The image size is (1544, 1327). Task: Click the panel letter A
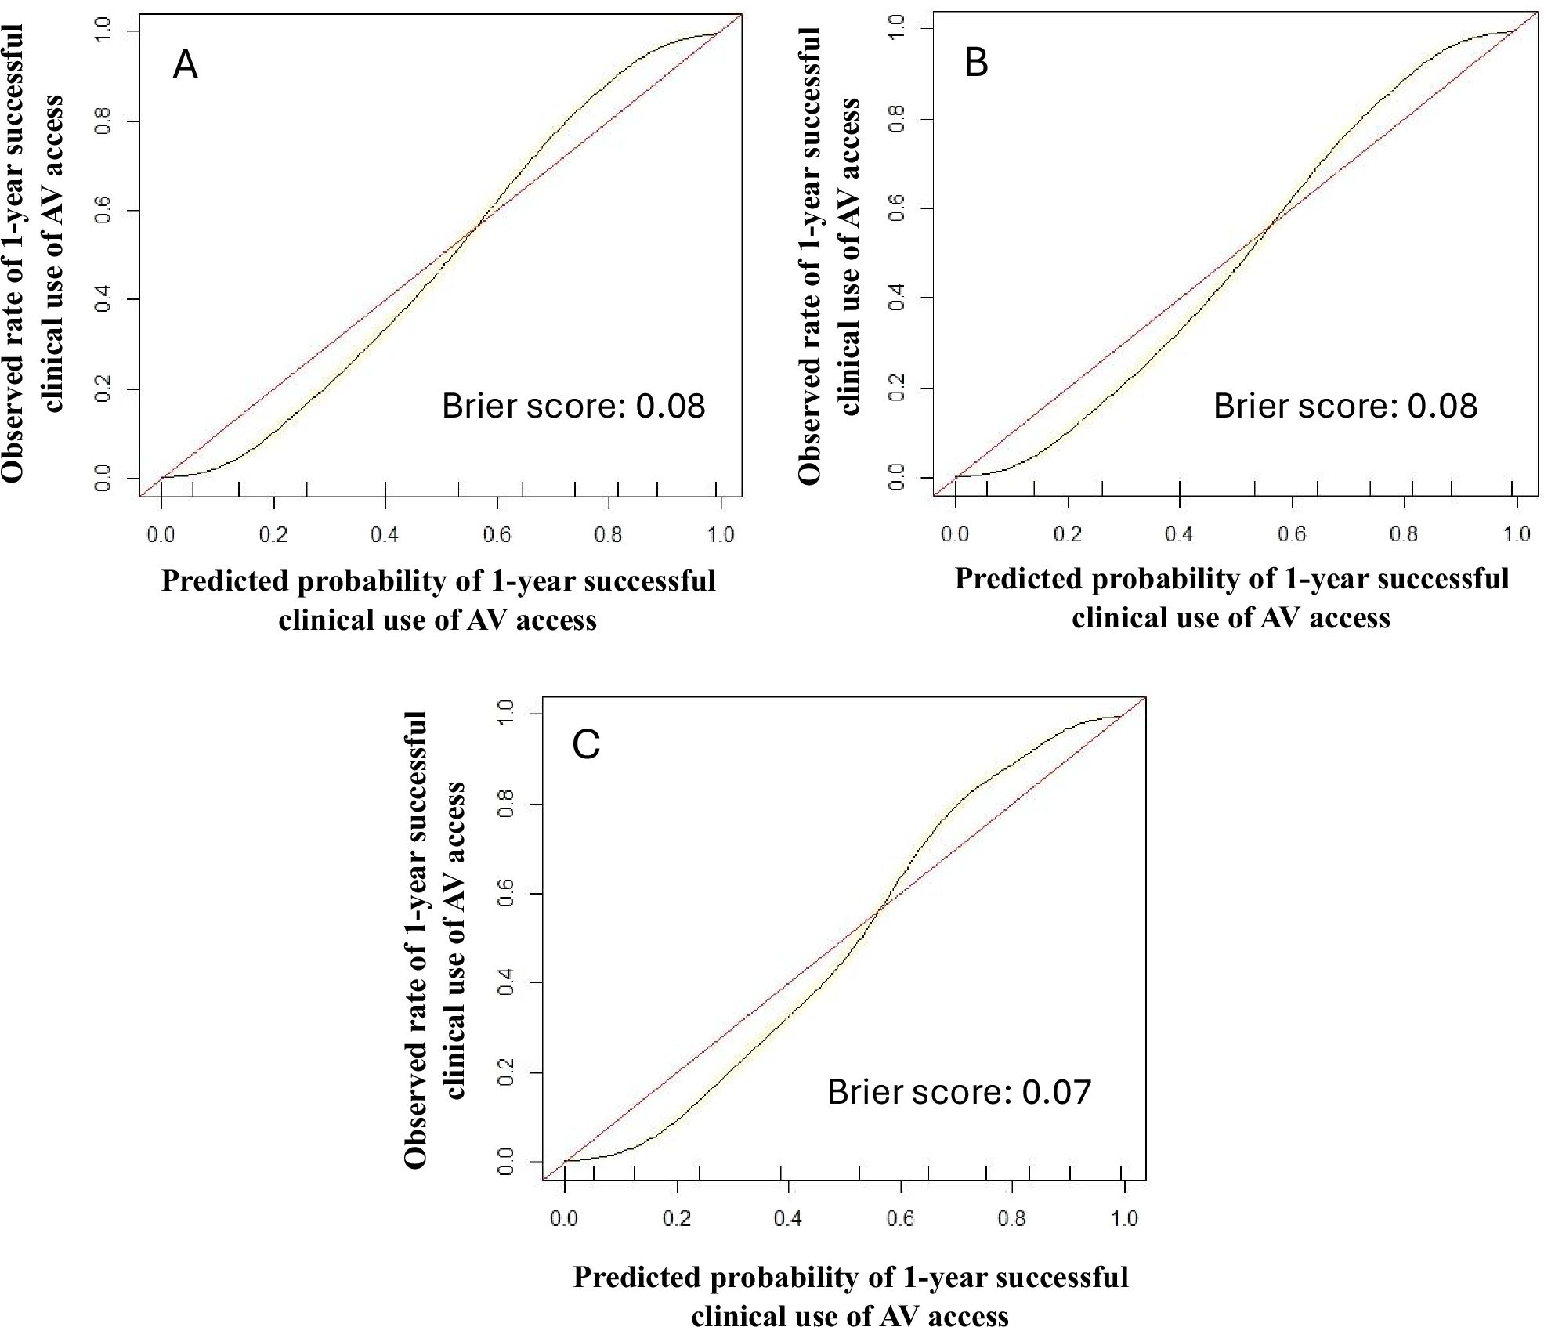185,64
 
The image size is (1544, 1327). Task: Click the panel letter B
975,63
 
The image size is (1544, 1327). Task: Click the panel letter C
586,744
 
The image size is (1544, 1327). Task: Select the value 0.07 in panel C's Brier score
1056,1092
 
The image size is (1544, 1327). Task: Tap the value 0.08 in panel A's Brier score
670,406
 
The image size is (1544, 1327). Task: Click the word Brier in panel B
1250,406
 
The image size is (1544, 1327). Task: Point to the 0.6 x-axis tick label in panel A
497,534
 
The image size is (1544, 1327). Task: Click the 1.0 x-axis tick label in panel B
1517,533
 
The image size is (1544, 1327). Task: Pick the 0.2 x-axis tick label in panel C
677,1218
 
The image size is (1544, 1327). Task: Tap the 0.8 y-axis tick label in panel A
103,121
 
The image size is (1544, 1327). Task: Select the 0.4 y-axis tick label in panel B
897,298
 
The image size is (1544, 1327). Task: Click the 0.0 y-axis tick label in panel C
506,1162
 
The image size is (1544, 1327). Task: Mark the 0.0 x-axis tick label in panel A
161,534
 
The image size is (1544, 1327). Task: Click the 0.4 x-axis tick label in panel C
788,1218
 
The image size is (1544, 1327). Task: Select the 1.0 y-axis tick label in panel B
897,29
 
